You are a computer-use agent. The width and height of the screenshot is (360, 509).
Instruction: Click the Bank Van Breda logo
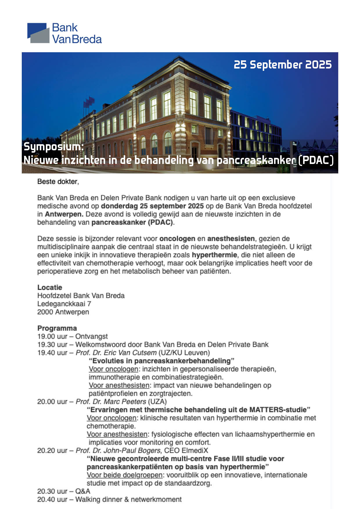click(64, 33)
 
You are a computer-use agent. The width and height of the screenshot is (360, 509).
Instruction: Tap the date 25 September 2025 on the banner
click(282, 65)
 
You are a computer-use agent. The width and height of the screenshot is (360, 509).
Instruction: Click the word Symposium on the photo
click(53, 147)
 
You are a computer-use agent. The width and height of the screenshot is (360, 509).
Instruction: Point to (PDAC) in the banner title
click(316, 160)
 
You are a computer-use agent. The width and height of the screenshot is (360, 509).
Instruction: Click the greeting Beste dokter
click(58, 182)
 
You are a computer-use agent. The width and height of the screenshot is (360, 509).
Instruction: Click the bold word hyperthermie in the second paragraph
click(214, 255)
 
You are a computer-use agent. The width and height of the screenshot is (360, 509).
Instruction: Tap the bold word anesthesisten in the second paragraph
click(231, 239)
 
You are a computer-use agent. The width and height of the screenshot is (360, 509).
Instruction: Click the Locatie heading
click(50, 288)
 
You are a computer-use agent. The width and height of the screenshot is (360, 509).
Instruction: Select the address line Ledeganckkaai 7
click(64, 304)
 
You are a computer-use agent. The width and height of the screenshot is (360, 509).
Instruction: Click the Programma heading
click(57, 328)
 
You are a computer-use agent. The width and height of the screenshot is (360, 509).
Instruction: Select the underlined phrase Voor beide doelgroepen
click(124, 475)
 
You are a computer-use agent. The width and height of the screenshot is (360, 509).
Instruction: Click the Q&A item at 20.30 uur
click(83, 491)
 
